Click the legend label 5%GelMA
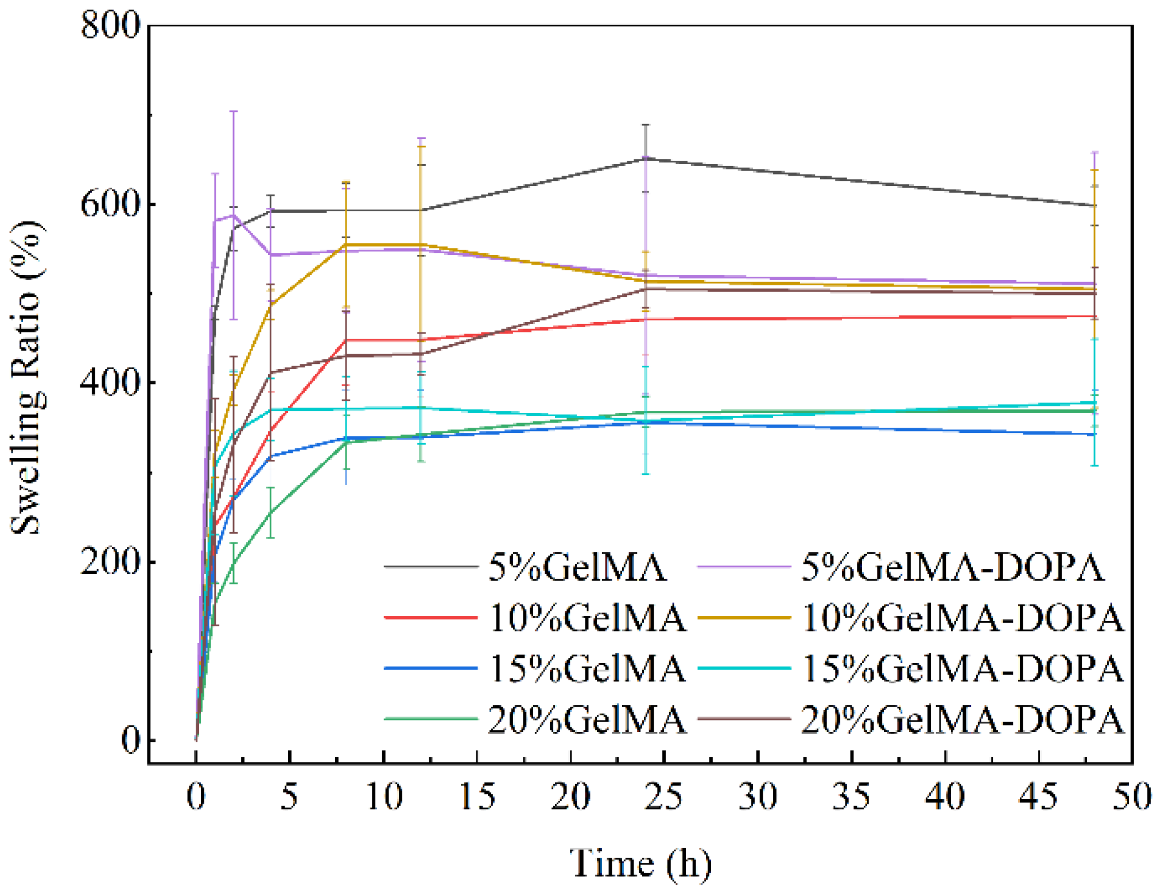point(577,567)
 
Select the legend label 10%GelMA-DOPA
point(962,618)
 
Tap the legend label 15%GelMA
point(587,668)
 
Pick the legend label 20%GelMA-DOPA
point(962,719)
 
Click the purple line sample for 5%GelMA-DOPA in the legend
point(744,567)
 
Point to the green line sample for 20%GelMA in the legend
point(430,719)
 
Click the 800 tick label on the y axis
point(110,25)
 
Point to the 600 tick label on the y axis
point(110,204)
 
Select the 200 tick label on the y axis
point(110,561)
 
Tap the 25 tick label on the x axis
point(664,797)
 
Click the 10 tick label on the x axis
point(383,797)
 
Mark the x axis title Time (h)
point(640,862)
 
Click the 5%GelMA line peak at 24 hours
point(646,158)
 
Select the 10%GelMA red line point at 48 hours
point(1094,316)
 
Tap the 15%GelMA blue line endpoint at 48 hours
point(1094,435)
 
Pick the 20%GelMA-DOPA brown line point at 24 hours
point(646,289)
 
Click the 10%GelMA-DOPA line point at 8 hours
point(346,245)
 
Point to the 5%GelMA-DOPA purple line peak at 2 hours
point(233,216)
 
